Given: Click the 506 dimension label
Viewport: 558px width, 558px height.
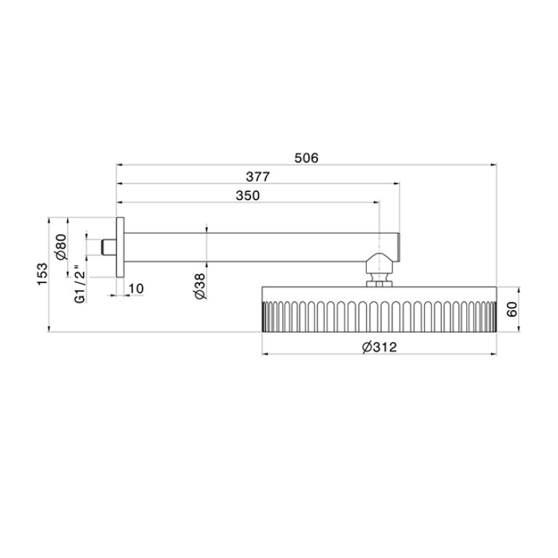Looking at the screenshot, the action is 306,158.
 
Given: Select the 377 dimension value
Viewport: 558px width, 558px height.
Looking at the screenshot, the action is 258,177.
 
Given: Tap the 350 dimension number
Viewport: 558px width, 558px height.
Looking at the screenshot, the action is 247,196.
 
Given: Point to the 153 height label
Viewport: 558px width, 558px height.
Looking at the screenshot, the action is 42,274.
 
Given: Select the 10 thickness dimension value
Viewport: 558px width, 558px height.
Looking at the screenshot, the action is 136,289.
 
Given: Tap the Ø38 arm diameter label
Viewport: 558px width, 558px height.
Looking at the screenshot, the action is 200,286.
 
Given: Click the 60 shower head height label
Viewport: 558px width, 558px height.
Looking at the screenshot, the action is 511,309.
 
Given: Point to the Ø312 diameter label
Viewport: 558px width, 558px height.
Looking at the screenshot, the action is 379,346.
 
